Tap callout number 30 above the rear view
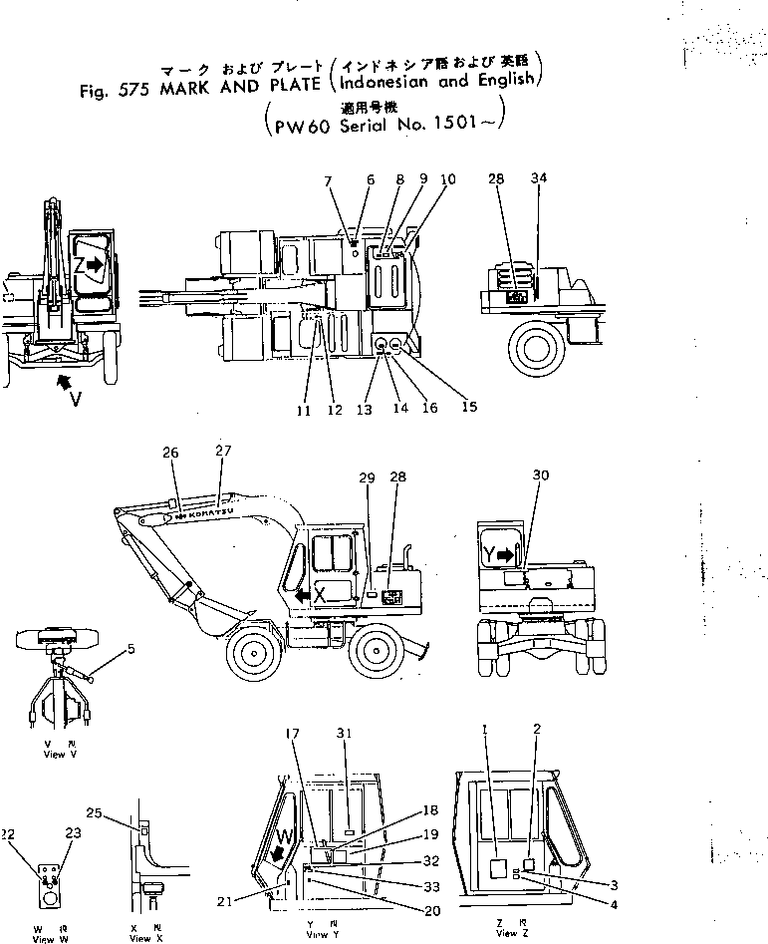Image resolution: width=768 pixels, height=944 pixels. tap(541, 475)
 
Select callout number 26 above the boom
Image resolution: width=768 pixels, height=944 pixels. tap(170, 452)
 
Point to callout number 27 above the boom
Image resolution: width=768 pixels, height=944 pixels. tap(221, 452)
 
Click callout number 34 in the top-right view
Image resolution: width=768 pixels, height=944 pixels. tap(539, 178)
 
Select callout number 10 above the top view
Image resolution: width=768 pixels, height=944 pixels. tap(448, 179)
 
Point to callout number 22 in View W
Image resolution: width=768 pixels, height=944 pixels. tap(9, 833)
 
